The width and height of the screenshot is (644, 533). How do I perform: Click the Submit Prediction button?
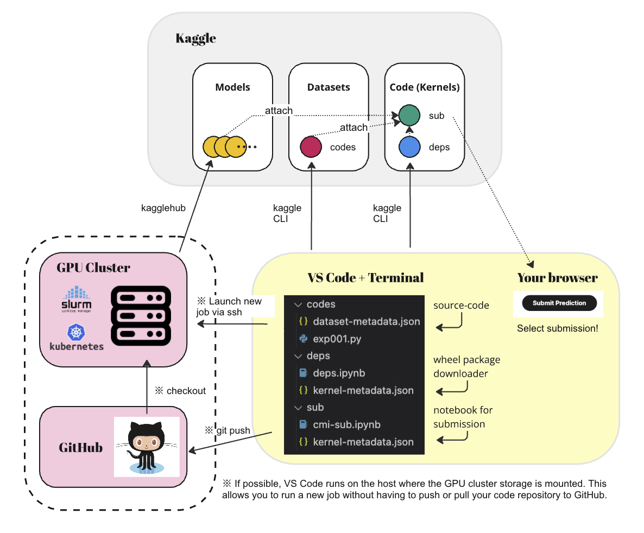(559, 303)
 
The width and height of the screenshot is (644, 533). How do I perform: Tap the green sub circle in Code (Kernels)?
(409, 115)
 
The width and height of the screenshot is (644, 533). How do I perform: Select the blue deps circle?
(409, 147)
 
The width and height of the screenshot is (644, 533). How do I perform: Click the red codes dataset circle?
(311, 147)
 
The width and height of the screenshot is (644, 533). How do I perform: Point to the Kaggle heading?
(195, 39)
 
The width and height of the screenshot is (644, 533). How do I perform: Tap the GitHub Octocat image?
(146, 447)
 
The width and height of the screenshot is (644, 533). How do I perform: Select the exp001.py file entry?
(337, 339)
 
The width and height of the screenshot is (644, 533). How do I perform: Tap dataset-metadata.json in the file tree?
(366, 321)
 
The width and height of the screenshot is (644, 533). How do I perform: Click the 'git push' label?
(228, 430)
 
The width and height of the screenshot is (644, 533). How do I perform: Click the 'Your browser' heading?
(557, 278)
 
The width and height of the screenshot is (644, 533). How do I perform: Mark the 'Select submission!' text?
(557, 328)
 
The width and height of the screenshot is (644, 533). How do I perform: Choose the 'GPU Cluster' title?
(93, 268)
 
